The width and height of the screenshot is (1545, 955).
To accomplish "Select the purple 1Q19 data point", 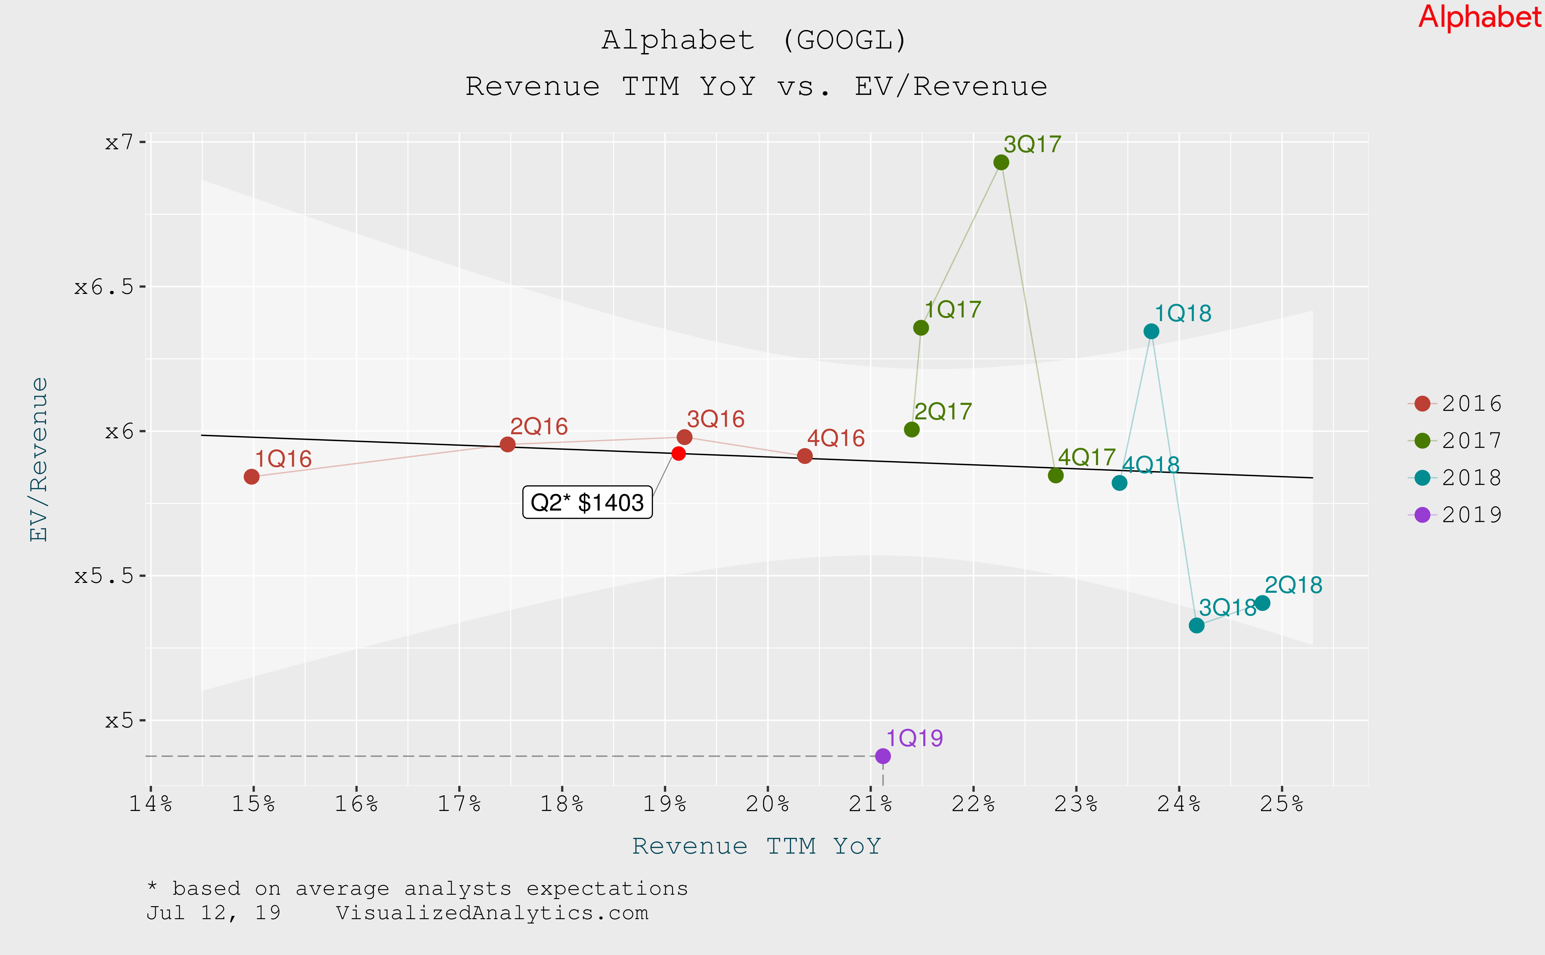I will click(x=883, y=756).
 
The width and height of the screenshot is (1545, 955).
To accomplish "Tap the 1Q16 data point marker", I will click(x=251, y=477).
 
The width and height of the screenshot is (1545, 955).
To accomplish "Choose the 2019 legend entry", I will click(x=1455, y=515).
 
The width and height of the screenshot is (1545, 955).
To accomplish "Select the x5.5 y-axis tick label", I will click(x=104, y=576).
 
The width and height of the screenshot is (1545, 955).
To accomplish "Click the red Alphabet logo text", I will click(x=1479, y=17).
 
